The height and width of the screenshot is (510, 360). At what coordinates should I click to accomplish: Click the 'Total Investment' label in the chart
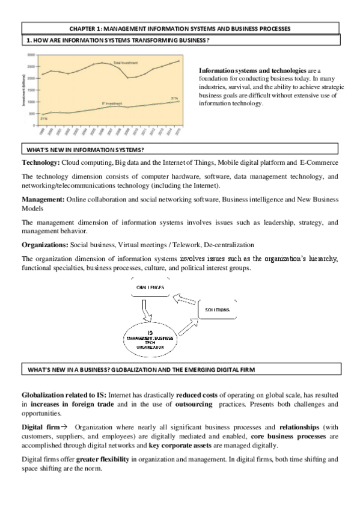point(125,63)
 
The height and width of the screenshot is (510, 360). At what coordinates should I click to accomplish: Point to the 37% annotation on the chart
point(174,97)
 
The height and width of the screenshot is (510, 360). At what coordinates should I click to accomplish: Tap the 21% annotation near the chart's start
point(44,118)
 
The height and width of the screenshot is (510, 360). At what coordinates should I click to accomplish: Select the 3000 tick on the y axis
point(31,55)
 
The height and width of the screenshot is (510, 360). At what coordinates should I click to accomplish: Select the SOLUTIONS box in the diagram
point(217,310)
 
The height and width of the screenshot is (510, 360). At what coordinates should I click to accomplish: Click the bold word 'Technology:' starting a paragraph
point(41,163)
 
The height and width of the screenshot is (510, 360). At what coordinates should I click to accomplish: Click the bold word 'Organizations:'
point(45,245)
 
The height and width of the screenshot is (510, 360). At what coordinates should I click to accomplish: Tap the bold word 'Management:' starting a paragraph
point(43,198)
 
